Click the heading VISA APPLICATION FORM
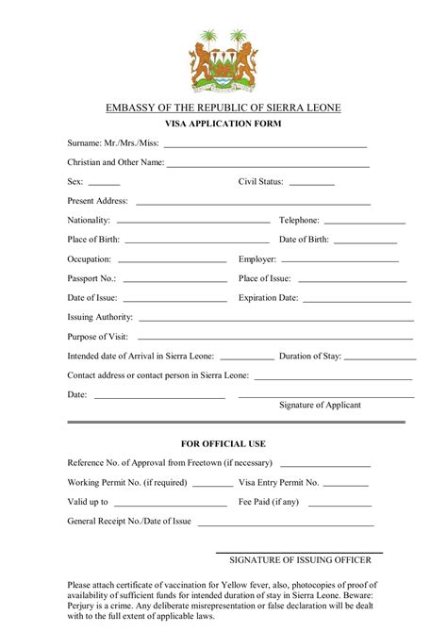(x=223, y=124)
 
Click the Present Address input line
(x=253, y=204)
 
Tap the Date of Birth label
(x=304, y=240)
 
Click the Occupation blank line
(x=172, y=261)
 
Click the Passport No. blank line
(x=174, y=281)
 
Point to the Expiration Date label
(x=268, y=298)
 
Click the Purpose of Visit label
(x=97, y=337)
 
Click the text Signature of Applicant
(x=320, y=405)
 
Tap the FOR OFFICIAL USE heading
(x=223, y=443)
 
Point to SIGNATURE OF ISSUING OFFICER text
(x=300, y=560)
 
